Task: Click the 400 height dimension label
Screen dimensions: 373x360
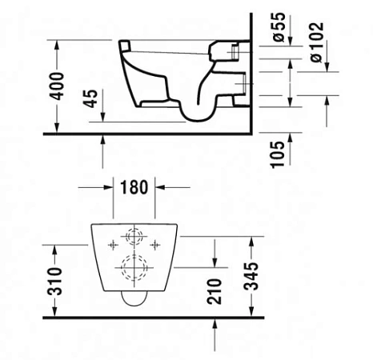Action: tap(58, 86)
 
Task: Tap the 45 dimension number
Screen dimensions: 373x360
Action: tap(91, 98)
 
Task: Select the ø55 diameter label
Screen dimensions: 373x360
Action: tap(279, 27)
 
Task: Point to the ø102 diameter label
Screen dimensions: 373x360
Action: tap(317, 42)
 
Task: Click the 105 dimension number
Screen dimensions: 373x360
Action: tap(278, 154)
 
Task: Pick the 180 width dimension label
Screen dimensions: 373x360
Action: tap(134, 187)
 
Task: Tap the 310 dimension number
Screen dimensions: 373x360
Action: tap(54, 281)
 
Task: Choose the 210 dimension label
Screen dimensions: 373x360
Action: tap(215, 291)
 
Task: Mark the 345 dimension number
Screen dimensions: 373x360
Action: tap(251, 276)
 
